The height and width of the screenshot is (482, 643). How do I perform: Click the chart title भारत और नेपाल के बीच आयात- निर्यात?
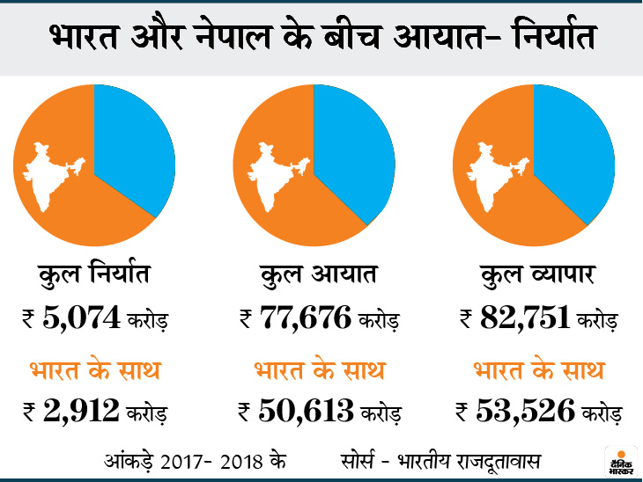[321, 39]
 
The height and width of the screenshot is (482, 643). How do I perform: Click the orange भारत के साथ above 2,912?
[96, 369]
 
